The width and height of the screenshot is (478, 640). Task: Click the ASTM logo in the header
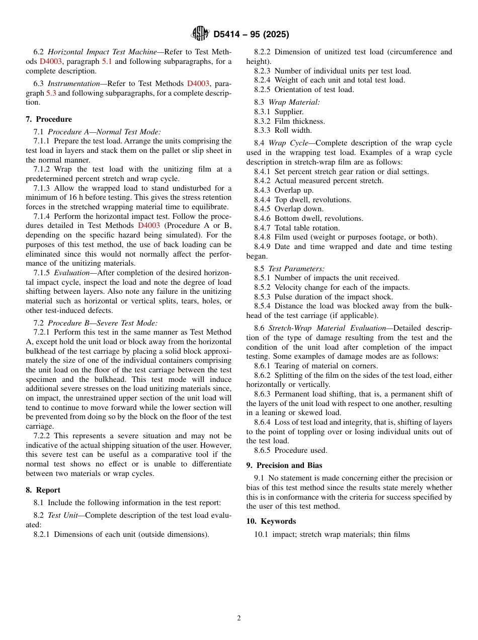pos(200,34)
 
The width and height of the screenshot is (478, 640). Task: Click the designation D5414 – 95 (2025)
pos(251,35)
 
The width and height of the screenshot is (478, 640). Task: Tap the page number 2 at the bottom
pos(239,618)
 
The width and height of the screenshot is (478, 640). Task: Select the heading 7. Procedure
pos(49,119)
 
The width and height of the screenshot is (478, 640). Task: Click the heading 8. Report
pos(43,490)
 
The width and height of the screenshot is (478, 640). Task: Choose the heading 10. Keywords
pos(271,521)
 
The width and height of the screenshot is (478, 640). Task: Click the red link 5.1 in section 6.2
pos(107,61)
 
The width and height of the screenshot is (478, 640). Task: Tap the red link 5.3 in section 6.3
pos(51,93)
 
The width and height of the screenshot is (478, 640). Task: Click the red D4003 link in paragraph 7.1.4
pos(148,225)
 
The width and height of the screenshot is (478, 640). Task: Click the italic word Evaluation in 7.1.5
pos(72,273)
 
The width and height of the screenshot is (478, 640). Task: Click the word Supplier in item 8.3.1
pos(289,112)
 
